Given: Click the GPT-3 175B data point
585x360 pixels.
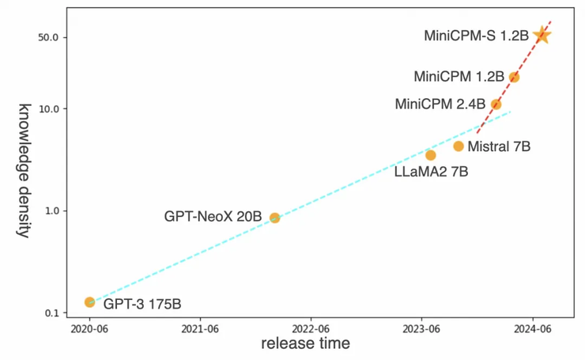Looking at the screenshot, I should (89, 302).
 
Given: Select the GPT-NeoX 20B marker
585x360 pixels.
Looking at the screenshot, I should (274, 218).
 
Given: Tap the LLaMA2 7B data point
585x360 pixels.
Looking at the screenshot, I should (431, 155).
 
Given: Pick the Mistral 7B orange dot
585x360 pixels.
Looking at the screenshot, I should (459, 146).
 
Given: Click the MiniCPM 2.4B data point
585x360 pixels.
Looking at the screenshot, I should (496, 104).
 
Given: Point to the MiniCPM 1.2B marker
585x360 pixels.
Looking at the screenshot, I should (514, 77).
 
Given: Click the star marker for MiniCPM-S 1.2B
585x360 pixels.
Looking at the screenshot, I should (542, 35).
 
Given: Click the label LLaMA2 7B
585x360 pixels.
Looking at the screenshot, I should (431, 171).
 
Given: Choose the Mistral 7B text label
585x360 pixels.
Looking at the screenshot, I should (499, 146).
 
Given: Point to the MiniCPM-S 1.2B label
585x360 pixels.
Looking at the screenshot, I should (476, 36).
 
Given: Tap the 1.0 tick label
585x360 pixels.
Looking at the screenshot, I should (55, 211).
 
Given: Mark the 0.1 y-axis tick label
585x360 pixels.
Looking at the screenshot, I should (55, 313).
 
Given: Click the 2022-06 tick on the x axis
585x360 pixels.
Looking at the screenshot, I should (311, 329).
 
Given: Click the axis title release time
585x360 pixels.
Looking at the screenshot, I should (305, 344).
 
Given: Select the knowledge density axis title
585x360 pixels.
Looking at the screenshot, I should (25, 170).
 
